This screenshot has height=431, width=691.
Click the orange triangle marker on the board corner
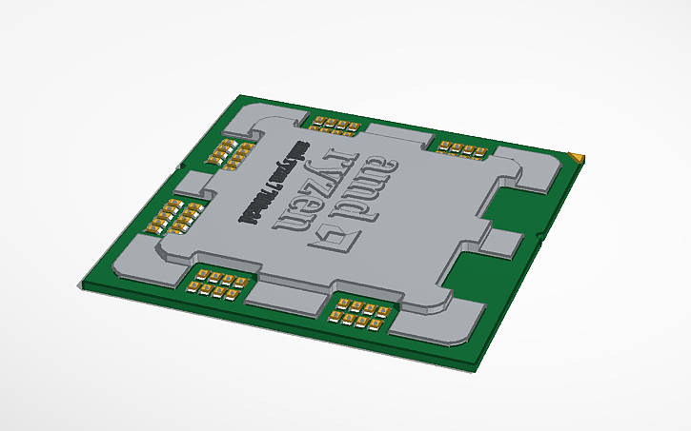tap(575, 156)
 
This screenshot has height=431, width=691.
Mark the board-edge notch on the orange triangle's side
tap(539, 234)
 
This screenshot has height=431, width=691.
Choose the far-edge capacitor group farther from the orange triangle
tap(335, 125)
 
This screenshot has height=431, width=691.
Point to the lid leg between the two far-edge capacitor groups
tap(396, 135)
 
